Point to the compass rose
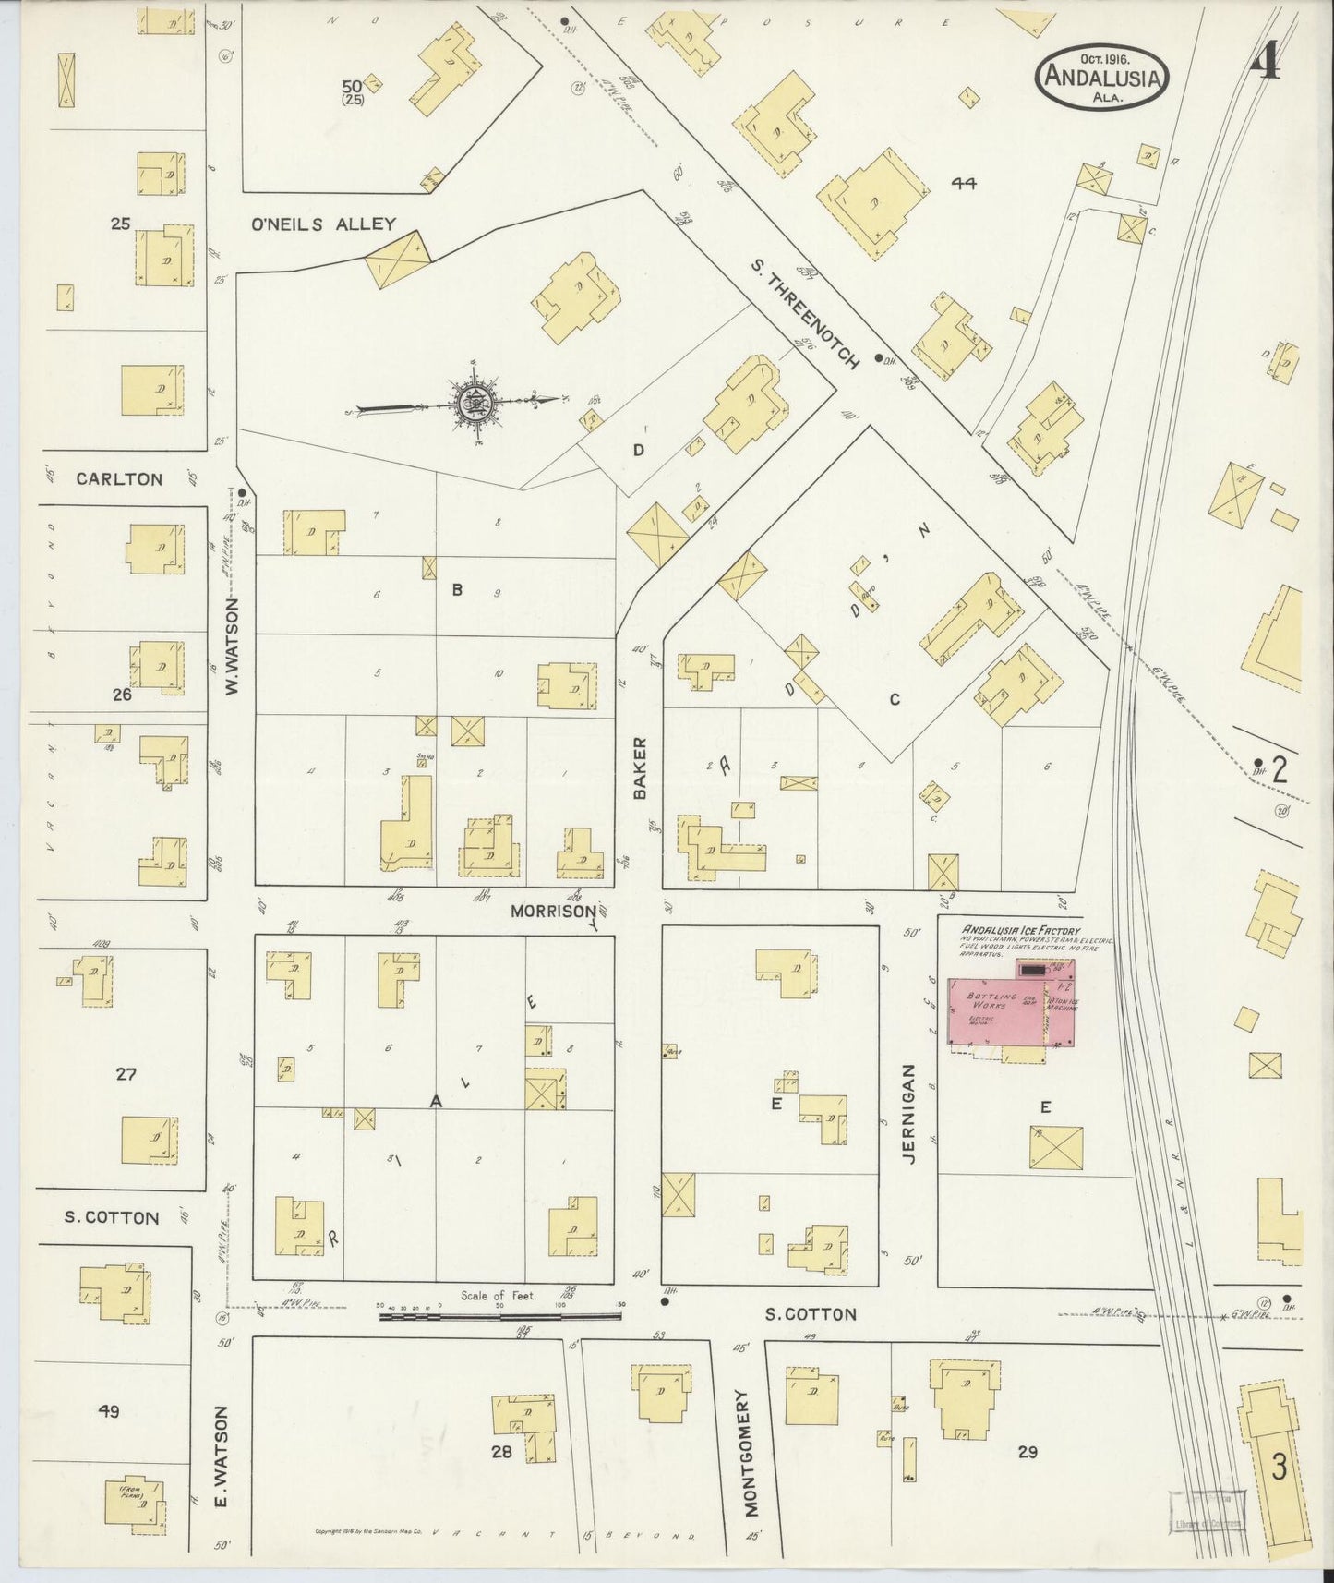point(473,402)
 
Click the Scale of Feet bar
point(499,1313)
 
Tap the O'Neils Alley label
point(323,224)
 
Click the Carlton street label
point(119,478)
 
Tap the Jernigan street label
point(909,1114)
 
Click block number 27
point(126,1073)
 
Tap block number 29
point(1027,1452)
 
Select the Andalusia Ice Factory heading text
point(1021,930)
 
